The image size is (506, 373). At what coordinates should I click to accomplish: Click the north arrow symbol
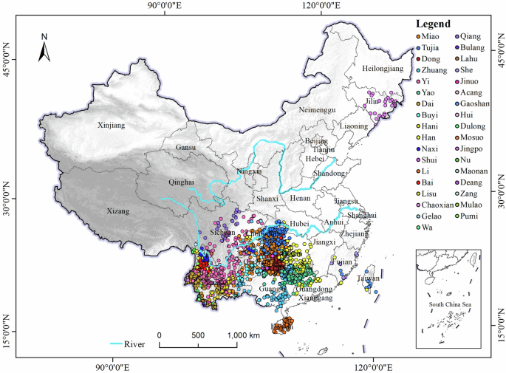click(x=44, y=48)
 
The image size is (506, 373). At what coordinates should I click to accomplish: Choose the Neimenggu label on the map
click(x=317, y=109)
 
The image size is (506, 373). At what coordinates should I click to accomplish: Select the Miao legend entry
click(x=433, y=37)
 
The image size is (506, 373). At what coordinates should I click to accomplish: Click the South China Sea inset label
click(x=450, y=304)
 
